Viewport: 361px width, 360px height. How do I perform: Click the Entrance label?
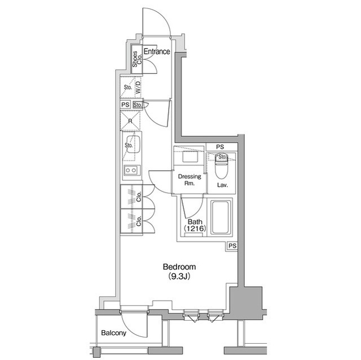point(157,52)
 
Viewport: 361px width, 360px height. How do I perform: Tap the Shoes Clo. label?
point(135,60)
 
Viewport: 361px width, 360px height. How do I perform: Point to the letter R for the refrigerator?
point(130,121)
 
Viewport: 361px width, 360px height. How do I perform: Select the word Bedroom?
point(179,267)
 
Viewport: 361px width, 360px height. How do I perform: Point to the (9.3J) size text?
point(179,277)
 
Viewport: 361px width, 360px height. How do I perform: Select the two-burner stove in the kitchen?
point(131,170)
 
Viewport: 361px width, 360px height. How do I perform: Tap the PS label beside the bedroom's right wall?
point(232,246)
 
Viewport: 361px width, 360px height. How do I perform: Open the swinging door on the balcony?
point(134,324)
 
